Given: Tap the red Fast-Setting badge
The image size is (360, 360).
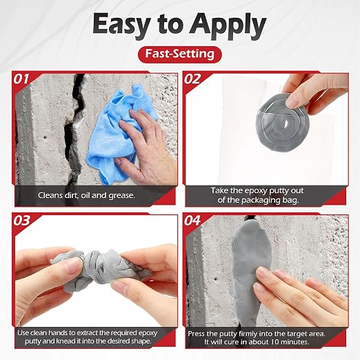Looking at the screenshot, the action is coord(180,54).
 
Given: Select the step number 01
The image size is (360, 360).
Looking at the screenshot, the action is coord(21,79).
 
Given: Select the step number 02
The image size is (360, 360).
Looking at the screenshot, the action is coord(192,79).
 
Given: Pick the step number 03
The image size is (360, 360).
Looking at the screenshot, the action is coord(21,221).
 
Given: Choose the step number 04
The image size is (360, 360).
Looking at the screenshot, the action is coord(192,221).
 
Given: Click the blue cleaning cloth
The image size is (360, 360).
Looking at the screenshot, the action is coord(115,133).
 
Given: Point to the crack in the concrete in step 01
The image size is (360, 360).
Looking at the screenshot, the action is coord(74,129).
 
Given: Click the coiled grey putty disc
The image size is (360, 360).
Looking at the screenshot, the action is coord(282,122).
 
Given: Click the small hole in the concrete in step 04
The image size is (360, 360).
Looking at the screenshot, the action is coord(215,279).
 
